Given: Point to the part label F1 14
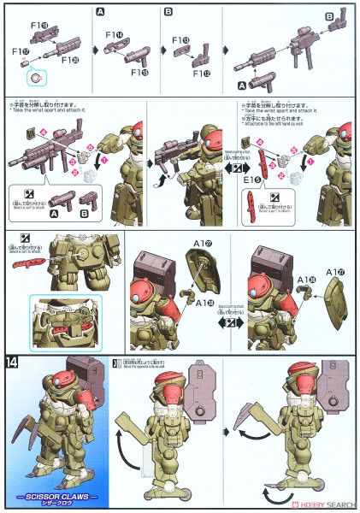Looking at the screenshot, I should pos(114,36).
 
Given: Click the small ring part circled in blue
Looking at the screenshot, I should pos(35,77).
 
